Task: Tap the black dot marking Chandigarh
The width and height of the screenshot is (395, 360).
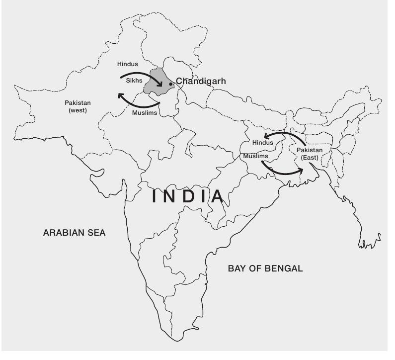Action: point(170,84)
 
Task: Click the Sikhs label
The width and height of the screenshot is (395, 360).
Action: point(135,80)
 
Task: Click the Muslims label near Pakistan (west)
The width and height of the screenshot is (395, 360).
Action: point(145,113)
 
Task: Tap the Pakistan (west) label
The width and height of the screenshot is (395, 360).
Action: point(76,106)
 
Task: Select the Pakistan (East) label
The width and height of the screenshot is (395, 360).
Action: point(310,154)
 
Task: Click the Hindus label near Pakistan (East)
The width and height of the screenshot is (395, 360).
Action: point(263,142)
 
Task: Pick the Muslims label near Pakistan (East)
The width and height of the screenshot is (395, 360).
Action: point(256,156)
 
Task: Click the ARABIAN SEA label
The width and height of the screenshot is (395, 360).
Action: point(75,232)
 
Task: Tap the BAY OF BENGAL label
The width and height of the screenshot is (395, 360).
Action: point(265,269)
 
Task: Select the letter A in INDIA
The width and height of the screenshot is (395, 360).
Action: point(217,196)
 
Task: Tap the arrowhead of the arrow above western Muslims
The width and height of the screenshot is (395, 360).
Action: point(120,95)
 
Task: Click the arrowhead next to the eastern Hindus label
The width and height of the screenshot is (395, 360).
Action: point(266,136)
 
